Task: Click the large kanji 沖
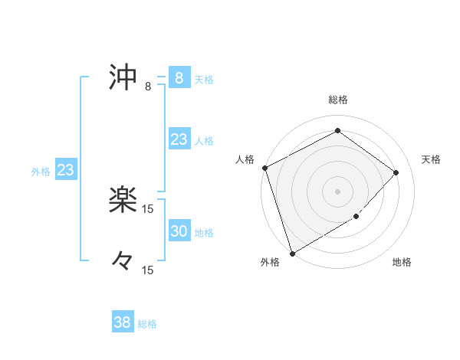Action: [123, 78]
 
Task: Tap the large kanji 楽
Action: [123, 201]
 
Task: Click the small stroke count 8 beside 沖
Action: [148, 87]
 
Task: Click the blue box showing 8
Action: [179, 78]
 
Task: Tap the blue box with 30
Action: [179, 231]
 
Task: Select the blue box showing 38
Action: [122, 322]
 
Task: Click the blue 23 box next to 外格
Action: [65, 170]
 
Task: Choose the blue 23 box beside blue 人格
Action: [179, 139]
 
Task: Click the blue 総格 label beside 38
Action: [147, 324]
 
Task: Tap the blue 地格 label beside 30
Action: [204, 233]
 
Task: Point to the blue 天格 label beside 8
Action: [204, 80]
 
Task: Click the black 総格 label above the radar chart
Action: [338, 100]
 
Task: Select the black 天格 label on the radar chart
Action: [431, 159]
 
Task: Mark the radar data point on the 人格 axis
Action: [264, 168]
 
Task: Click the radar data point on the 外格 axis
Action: [292, 254]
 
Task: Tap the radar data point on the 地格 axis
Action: [357, 217]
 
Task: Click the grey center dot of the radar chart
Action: [337, 191]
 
